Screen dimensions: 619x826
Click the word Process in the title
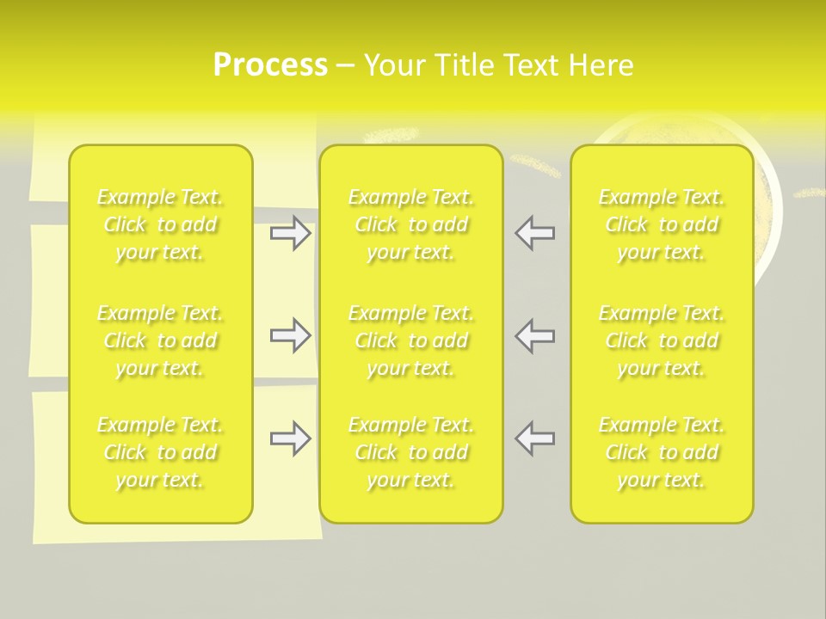point(270,65)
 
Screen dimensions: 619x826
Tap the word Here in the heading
point(600,65)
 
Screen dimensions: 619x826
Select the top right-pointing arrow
point(291,233)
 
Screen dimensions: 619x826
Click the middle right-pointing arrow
point(291,335)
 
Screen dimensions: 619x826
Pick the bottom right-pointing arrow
point(291,438)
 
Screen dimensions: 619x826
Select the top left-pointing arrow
point(534,233)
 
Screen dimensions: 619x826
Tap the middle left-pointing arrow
point(534,335)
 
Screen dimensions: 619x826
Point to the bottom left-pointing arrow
point(534,438)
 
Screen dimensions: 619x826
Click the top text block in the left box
point(160,224)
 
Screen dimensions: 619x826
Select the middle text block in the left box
point(160,340)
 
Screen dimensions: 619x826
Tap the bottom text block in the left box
point(160,452)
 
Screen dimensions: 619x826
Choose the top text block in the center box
point(411,224)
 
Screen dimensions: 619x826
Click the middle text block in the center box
point(411,340)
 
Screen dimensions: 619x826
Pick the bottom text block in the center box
point(411,452)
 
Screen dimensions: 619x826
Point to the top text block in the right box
point(662,224)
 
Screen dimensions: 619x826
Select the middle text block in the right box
point(662,340)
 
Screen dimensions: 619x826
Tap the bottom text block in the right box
point(662,452)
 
